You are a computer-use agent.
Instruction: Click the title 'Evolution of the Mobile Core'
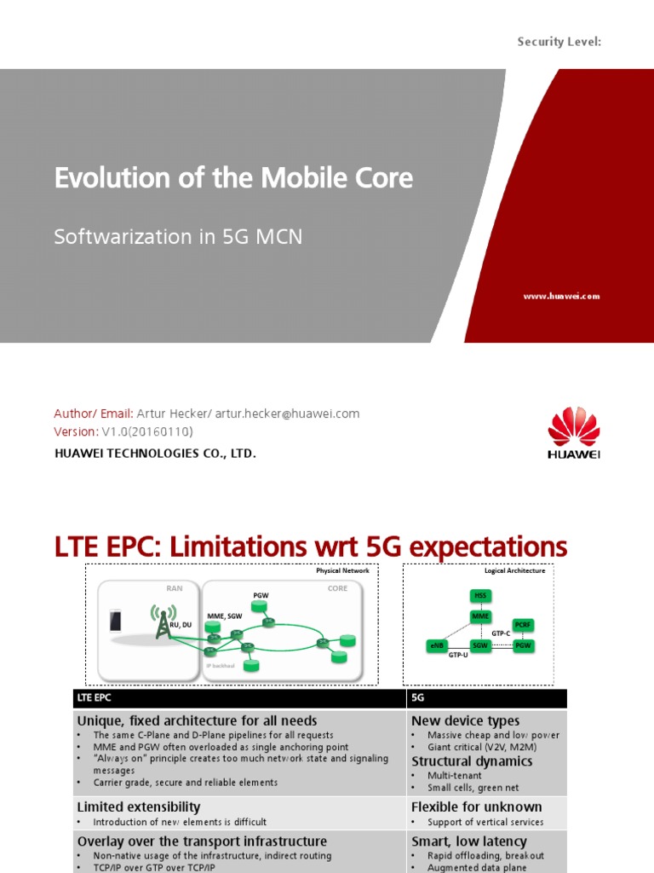pyautogui.click(x=233, y=177)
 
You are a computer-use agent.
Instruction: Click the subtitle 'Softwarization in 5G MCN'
pyautogui.click(x=178, y=236)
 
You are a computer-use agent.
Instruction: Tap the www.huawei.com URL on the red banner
pyautogui.click(x=560, y=296)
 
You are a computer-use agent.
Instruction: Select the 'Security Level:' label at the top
pyautogui.click(x=559, y=41)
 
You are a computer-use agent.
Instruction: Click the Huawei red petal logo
pyautogui.click(x=573, y=427)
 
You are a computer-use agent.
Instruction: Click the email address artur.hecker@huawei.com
pyautogui.click(x=287, y=413)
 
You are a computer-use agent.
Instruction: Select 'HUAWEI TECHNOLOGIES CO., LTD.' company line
pyautogui.click(x=155, y=454)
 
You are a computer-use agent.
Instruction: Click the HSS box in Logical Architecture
pyautogui.click(x=481, y=595)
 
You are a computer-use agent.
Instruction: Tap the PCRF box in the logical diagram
pyautogui.click(x=523, y=626)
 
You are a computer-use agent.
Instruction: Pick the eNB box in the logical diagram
pyautogui.click(x=436, y=646)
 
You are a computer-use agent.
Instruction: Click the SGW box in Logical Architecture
pyautogui.click(x=481, y=646)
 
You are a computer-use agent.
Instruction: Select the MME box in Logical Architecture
pyautogui.click(x=481, y=616)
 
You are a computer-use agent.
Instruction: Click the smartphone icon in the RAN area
pyautogui.click(x=116, y=622)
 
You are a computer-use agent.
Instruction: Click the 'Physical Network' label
pyautogui.click(x=342, y=570)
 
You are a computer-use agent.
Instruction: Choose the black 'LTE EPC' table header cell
pyautogui.click(x=238, y=698)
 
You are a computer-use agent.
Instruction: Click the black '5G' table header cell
pyautogui.click(x=486, y=698)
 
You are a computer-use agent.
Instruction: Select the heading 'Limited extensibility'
pyautogui.click(x=139, y=807)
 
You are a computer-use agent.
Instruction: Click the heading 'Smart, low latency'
pyautogui.click(x=469, y=841)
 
